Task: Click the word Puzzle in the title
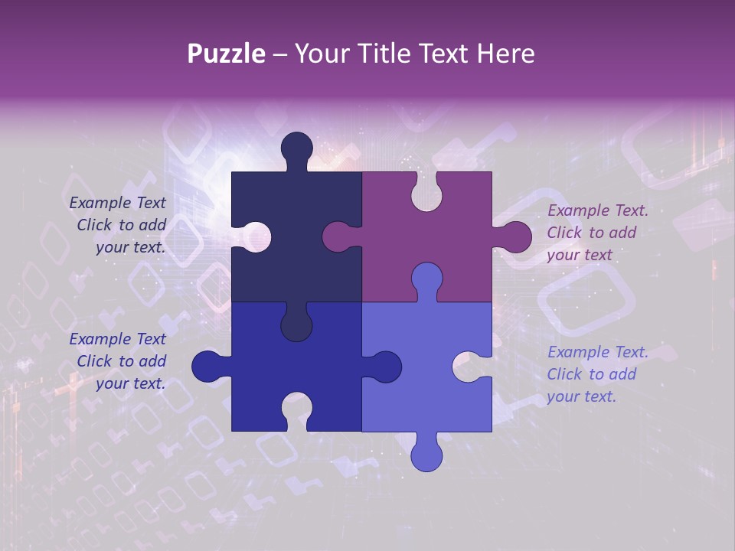(227, 54)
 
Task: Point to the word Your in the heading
(322, 54)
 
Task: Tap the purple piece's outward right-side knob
(514, 236)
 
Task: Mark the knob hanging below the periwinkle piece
(426, 454)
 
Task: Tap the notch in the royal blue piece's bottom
(296, 410)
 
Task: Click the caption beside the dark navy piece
(119, 225)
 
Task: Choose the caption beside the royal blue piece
(119, 361)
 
